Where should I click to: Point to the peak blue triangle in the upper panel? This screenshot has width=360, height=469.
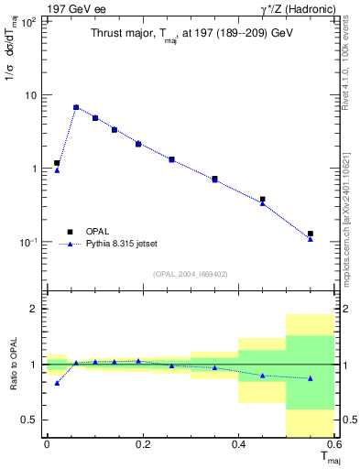(76, 107)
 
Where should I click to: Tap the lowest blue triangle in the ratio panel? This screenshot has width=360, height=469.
(57, 383)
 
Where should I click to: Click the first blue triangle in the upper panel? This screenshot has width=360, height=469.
(57, 170)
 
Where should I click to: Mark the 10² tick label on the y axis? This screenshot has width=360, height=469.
(28, 22)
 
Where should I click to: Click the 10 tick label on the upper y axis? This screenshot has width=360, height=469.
(30, 95)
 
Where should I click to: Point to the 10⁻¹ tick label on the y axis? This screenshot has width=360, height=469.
(27, 242)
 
